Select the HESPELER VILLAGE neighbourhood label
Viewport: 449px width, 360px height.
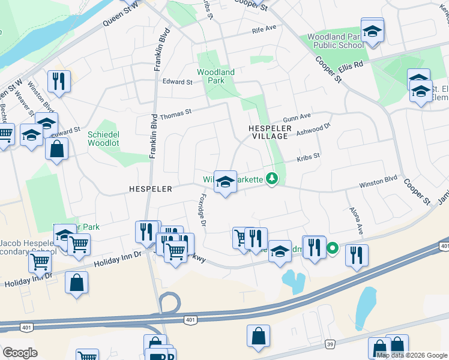point(270,133)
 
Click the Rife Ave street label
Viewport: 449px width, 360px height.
point(264,29)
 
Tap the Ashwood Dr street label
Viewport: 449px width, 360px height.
point(314,129)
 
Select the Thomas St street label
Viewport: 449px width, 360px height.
point(175,113)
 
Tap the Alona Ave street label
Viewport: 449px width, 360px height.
point(357,221)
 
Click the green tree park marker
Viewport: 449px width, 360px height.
point(272,179)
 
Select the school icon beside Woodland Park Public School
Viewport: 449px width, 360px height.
point(372,31)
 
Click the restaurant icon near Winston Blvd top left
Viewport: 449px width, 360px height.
point(59,80)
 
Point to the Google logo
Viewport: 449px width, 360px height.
point(20,353)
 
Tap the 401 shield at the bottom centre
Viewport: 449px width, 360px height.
point(190,320)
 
